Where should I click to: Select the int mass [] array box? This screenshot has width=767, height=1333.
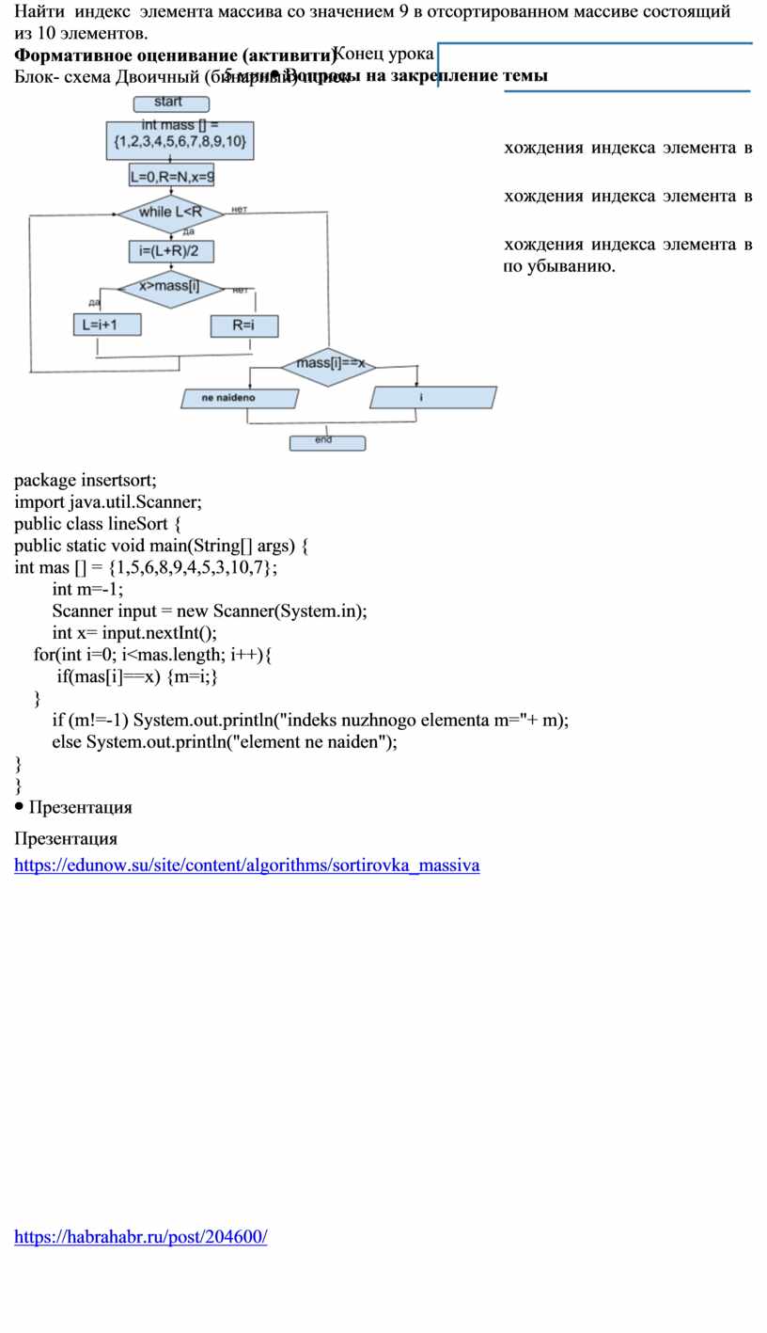click(179, 136)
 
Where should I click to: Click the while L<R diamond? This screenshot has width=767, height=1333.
click(170, 212)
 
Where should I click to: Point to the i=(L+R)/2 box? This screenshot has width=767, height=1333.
click(170, 250)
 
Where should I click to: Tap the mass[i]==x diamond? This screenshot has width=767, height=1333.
click(329, 363)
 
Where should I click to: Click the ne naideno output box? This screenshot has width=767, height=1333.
click(240, 398)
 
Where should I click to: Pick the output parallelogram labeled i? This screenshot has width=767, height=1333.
click(432, 397)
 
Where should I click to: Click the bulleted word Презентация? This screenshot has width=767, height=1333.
click(80, 807)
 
